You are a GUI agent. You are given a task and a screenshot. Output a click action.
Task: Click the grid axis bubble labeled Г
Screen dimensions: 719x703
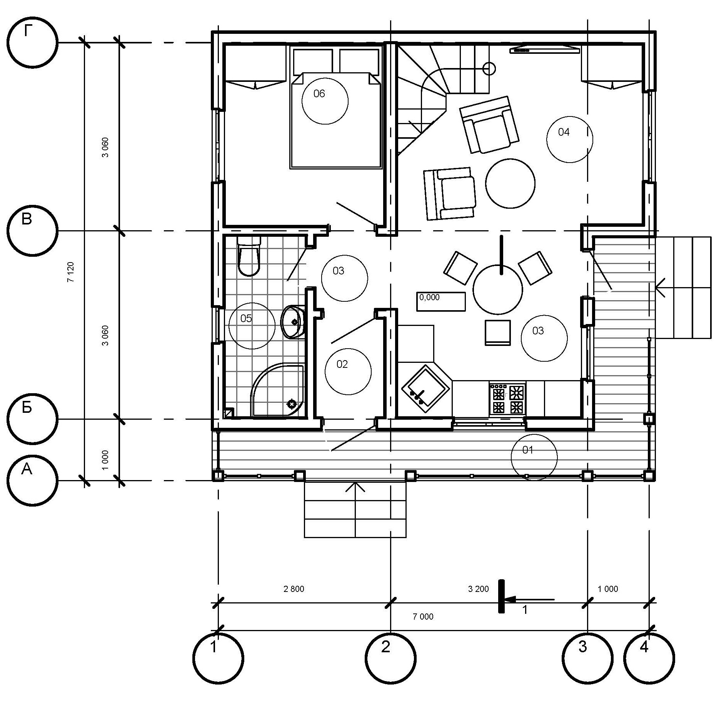(33, 42)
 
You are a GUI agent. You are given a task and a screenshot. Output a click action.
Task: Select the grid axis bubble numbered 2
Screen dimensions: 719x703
(390, 658)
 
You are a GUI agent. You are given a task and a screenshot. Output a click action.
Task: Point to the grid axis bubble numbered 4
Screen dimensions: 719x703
(649, 658)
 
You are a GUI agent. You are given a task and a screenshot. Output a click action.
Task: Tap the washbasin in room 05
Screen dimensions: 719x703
(293, 322)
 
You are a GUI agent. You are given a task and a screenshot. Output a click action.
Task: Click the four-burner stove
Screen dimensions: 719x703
(507, 399)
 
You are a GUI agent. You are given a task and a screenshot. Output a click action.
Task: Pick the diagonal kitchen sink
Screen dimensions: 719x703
(425, 389)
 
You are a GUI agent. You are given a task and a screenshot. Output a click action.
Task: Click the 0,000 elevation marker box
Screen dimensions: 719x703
(441, 301)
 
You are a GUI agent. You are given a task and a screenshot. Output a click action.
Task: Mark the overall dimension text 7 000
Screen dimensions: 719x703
(423, 617)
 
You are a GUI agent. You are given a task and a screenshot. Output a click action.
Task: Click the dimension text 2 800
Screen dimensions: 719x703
(294, 589)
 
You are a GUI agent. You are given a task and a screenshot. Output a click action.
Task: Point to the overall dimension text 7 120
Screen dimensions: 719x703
(70, 272)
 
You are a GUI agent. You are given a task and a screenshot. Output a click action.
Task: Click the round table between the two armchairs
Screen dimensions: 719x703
(510, 183)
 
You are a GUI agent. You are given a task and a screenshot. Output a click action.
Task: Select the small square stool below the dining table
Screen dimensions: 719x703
(497, 332)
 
